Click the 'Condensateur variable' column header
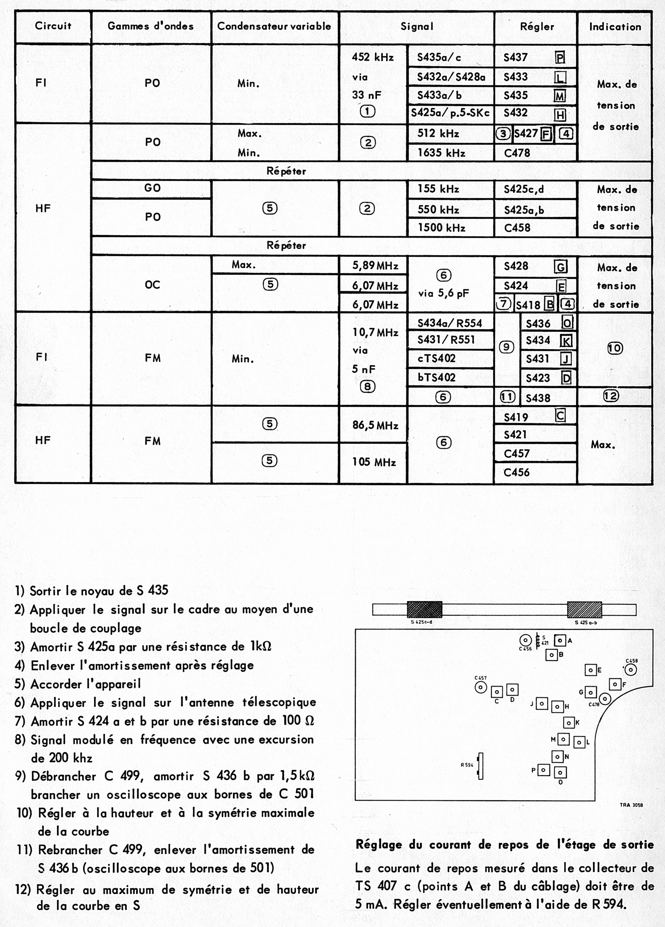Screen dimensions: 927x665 pos(274,26)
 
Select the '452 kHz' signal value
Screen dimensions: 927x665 pos(372,57)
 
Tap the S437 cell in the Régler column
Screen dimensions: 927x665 pos(516,57)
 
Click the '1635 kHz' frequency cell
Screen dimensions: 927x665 pos(441,153)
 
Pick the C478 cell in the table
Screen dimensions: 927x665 pos(517,153)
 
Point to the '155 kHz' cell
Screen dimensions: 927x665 pos(438,189)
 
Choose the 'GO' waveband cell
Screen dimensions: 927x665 pos(152,188)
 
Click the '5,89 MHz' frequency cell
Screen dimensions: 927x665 pos(375,266)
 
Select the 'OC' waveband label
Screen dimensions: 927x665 pos(152,284)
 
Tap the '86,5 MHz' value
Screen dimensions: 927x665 pos(375,426)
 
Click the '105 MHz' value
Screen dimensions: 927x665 pos(374,462)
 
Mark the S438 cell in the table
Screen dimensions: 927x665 pos(537,398)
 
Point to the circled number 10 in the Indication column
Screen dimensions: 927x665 pos(615,348)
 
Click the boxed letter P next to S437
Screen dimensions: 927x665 pos(560,57)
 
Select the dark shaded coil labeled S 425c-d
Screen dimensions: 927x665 pos(424,610)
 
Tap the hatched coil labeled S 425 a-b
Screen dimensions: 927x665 pos(584,610)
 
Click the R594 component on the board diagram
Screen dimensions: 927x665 pos(481,766)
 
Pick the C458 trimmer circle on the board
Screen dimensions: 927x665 pos(631,670)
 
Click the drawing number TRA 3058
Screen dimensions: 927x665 pos(631,805)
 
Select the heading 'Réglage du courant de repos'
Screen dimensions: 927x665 pos(504,844)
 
